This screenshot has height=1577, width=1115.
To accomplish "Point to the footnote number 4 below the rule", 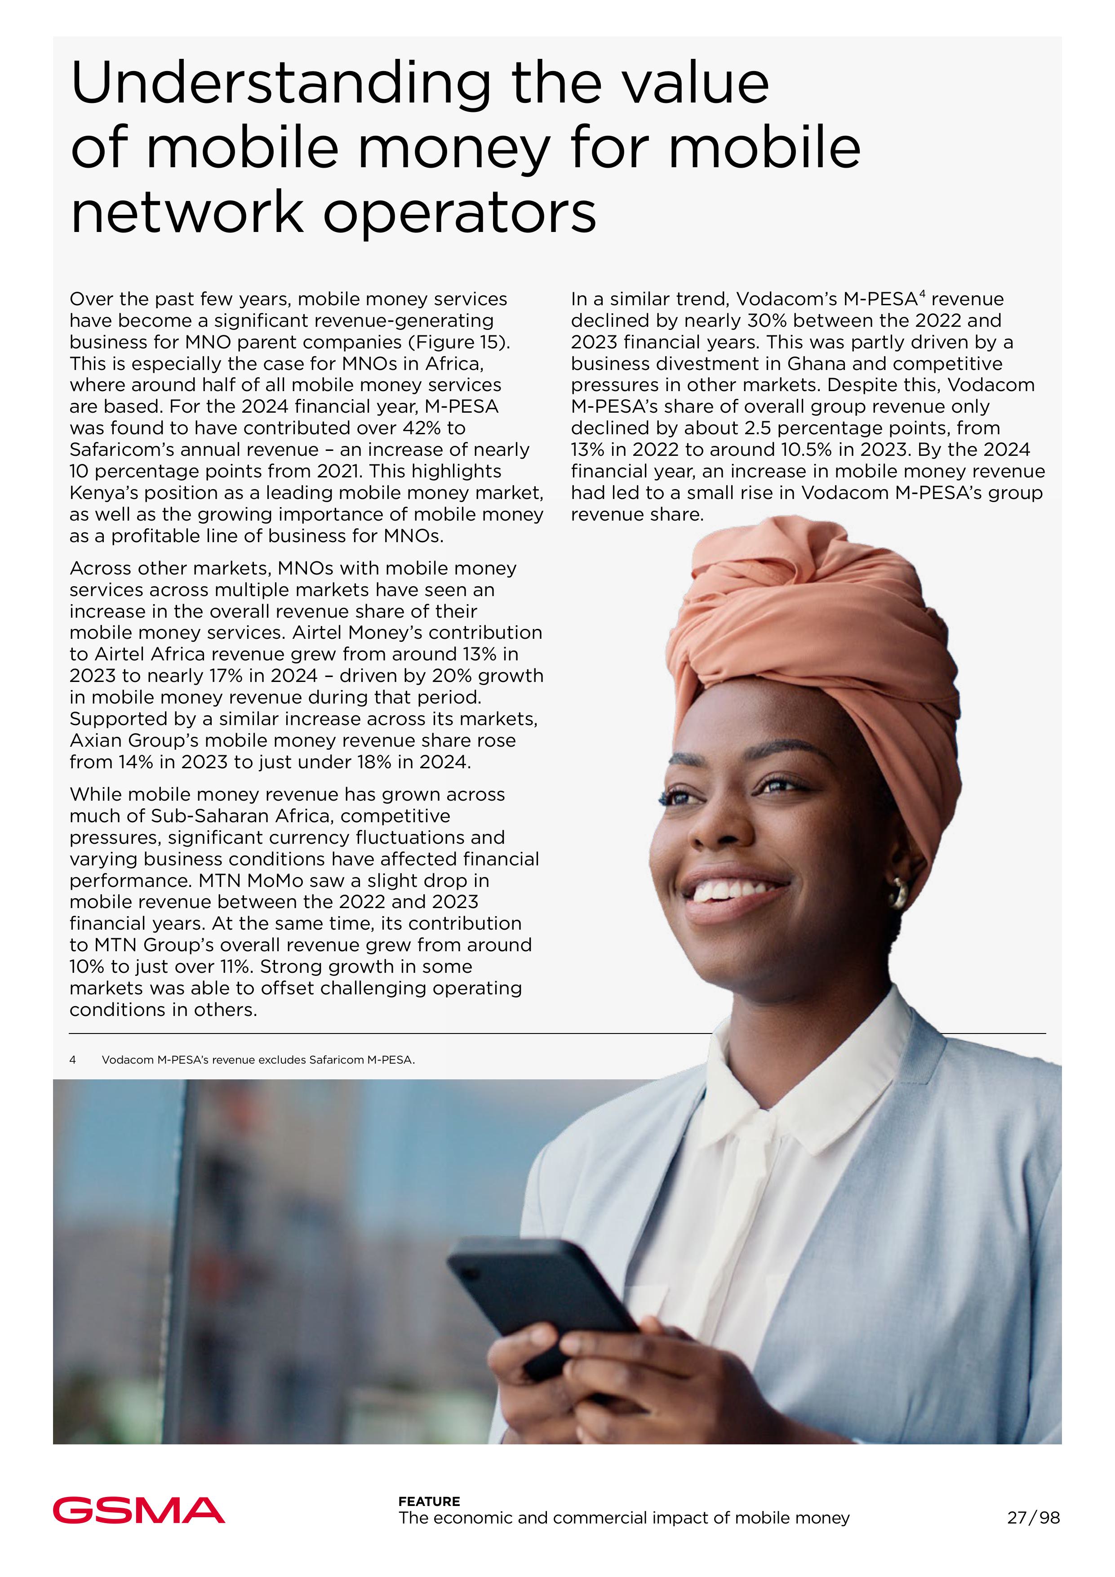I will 73,1060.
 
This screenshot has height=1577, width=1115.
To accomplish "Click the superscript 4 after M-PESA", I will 922,294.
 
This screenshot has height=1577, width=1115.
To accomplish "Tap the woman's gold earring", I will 898,894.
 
